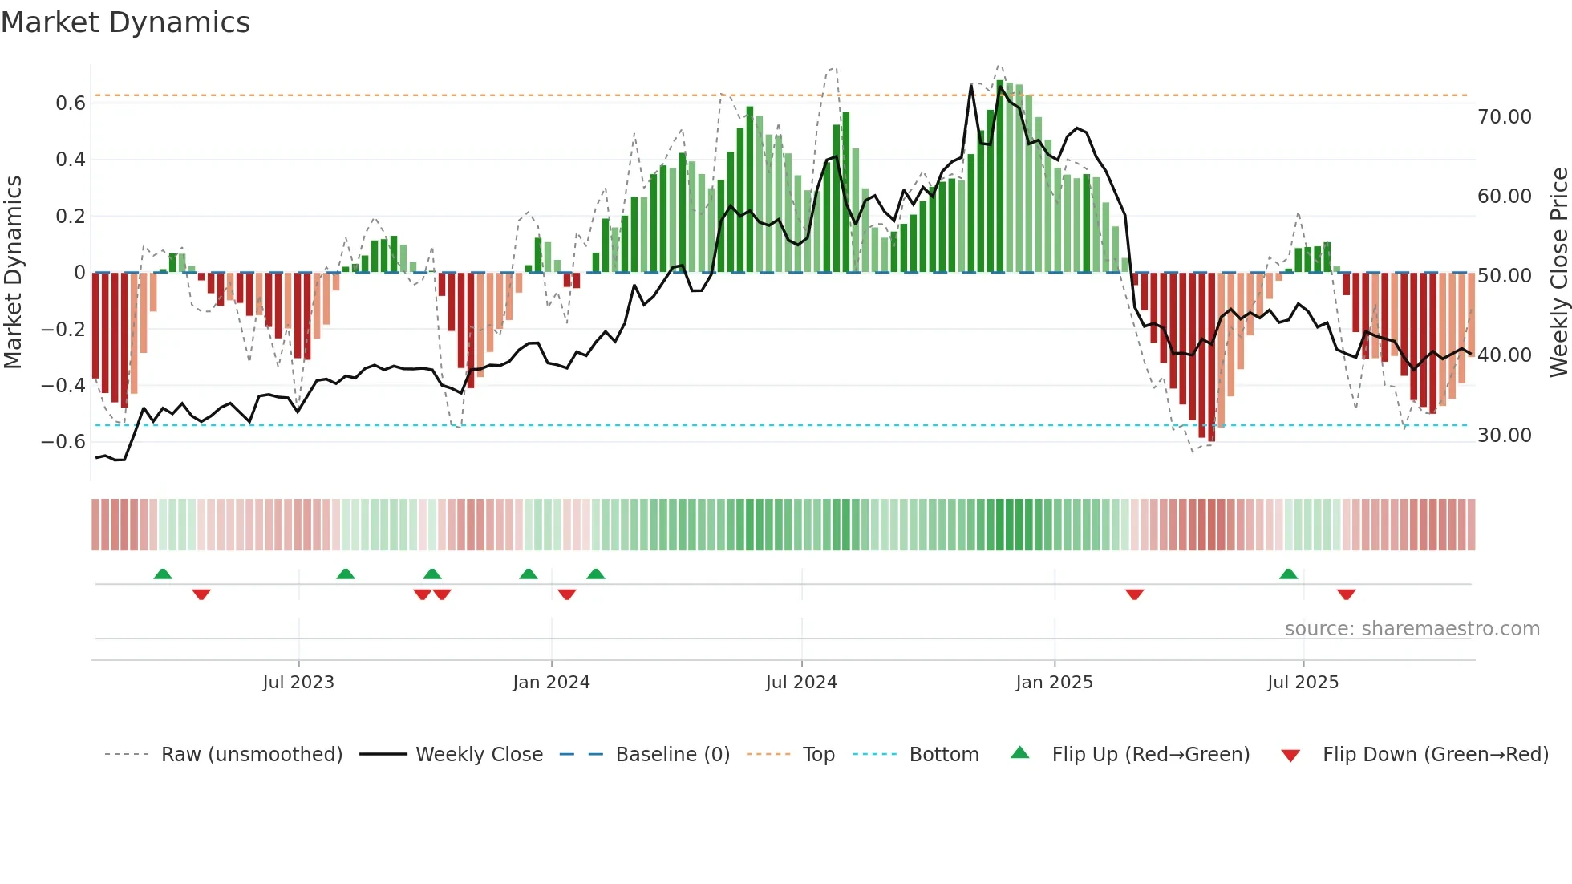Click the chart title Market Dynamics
(125, 22)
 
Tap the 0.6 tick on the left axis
(71, 103)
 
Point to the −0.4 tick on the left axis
(63, 386)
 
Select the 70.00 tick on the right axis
(1504, 117)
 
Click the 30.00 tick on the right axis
(1504, 436)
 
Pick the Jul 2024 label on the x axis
(800, 683)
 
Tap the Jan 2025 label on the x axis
(1053, 683)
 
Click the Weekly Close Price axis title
(1558, 272)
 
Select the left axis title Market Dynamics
(13, 272)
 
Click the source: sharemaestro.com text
(1412, 629)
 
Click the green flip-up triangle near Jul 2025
(1288, 574)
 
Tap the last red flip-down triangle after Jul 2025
(1346, 594)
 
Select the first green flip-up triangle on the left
(163, 574)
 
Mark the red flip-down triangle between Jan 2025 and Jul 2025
(1134, 594)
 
